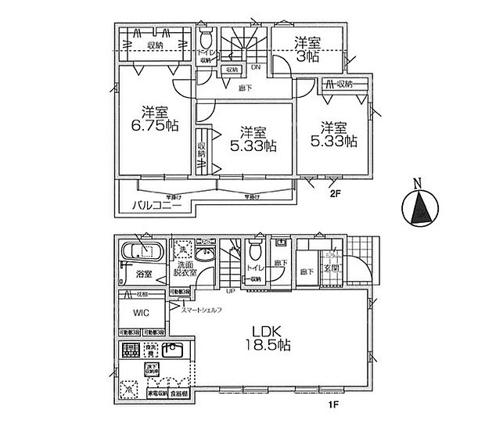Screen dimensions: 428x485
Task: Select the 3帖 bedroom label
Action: pos(307,49)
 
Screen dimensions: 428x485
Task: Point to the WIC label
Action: pos(139,311)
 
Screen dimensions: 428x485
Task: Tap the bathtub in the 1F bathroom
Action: pos(141,252)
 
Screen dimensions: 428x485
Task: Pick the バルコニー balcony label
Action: pos(151,207)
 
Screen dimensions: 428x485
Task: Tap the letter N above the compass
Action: pos(419,185)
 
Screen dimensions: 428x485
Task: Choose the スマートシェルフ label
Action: pos(202,311)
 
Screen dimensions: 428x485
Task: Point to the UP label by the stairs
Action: pos(231,291)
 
